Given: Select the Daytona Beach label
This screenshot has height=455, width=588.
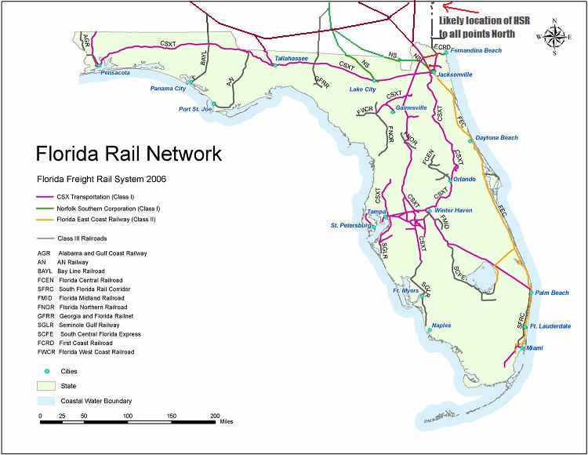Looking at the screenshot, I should pos(496,138).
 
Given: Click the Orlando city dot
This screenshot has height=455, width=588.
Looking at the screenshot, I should pos(450,179).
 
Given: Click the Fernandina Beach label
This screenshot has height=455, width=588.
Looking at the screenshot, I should pos(477,50).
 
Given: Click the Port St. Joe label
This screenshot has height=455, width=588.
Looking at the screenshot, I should pos(195,109).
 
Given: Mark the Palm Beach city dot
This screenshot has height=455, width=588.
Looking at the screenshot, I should pos(531,293).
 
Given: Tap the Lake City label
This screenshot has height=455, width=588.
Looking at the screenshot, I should pos(362,89).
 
